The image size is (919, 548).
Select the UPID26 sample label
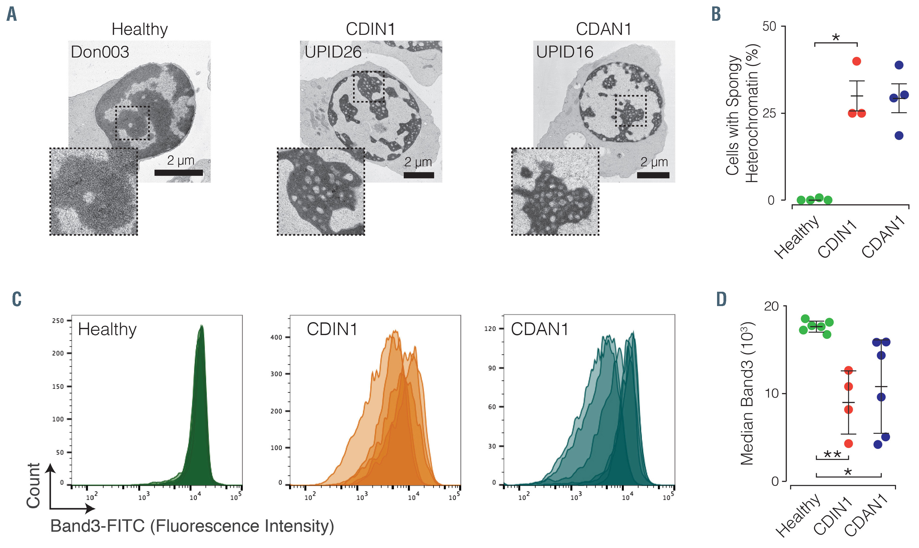(333, 52)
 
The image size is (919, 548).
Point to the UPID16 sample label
(565, 52)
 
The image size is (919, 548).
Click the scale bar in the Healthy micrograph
(178, 173)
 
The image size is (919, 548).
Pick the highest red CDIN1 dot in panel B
(857, 61)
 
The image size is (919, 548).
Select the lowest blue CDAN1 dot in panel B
(899, 136)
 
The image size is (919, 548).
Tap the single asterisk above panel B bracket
(836, 37)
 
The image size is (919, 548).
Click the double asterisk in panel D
(832, 454)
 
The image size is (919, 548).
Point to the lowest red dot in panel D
(848, 444)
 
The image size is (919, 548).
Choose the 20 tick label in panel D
(771, 306)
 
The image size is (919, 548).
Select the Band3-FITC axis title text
(192, 526)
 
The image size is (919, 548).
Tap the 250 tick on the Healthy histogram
(58, 320)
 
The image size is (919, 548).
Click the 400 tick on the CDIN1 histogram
(276, 337)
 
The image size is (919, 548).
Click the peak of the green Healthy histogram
(202, 326)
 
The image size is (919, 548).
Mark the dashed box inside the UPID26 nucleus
(368, 86)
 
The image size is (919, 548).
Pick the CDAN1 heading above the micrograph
(603, 29)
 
